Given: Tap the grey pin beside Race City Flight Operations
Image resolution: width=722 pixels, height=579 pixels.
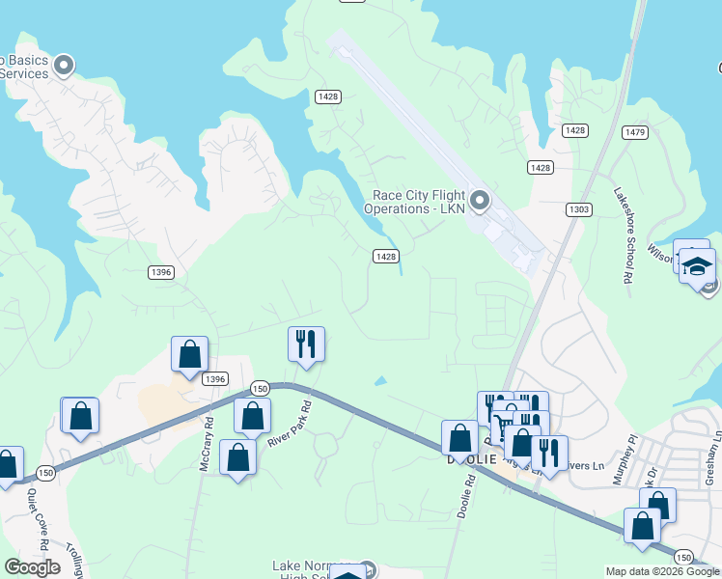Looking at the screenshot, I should click(480, 201).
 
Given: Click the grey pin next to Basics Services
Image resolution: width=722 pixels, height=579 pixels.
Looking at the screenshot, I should click(64, 66).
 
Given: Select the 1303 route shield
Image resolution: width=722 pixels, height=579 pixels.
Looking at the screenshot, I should click(579, 209).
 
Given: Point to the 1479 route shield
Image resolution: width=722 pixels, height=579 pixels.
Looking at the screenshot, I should click(634, 131).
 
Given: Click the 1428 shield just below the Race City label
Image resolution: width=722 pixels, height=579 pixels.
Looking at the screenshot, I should click(386, 256).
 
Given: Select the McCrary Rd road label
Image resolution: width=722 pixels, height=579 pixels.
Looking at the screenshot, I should click(206, 440).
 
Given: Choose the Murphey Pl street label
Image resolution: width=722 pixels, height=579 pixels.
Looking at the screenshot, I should click(627, 452).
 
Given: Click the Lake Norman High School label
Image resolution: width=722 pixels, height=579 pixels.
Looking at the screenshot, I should click(309, 570).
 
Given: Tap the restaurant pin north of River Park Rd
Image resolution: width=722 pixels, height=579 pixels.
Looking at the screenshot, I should click(307, 344).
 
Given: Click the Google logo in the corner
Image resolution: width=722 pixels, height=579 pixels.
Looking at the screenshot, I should click(32, 567).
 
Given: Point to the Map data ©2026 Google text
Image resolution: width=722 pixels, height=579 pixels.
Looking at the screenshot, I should click(661, 571).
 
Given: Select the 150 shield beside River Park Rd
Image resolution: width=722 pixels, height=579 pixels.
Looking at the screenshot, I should click(259, 387).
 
